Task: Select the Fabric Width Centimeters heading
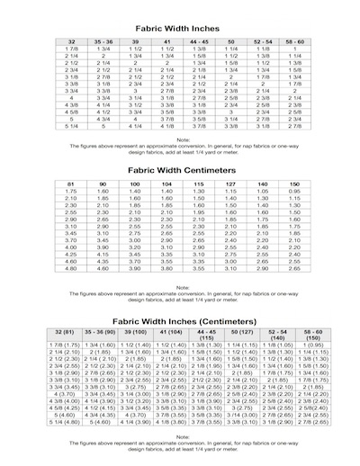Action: (183, 170)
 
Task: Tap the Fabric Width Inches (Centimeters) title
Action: (183, 322)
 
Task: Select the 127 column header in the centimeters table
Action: (231, 184)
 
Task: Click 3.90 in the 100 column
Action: (133, 268)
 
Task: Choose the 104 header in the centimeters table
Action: (166, 184)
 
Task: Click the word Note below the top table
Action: (183, 139)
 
